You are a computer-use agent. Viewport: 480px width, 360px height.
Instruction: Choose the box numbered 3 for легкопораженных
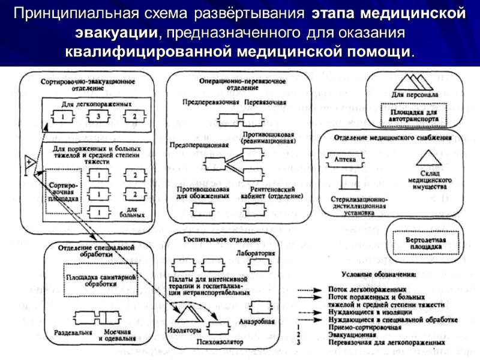98,116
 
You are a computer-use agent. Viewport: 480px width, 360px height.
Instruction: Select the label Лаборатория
256,253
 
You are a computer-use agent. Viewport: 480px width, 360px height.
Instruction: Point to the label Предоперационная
199,145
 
